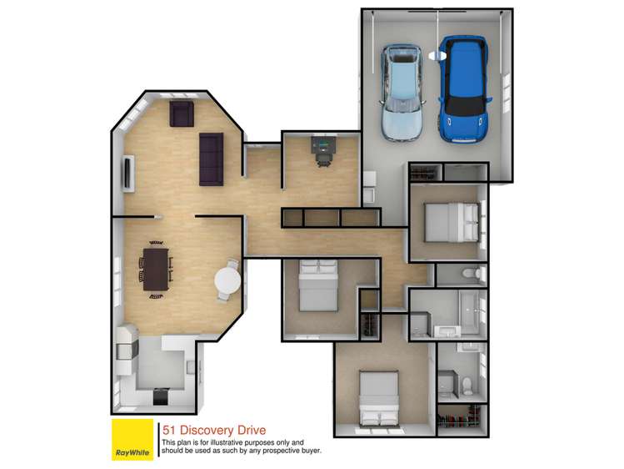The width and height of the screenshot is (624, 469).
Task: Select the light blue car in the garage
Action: (x=402, y=92)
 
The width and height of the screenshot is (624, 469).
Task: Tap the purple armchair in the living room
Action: (x=181, y=114)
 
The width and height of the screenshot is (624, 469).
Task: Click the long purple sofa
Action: (x=211, y=159)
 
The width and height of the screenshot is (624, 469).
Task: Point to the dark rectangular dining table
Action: (x=156, y=268)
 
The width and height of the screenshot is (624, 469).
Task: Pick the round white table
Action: (x=227, y=282)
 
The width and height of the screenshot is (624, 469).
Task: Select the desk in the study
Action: (x=322, y=147)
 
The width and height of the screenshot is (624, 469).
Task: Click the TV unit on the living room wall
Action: (x=127, y=173)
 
